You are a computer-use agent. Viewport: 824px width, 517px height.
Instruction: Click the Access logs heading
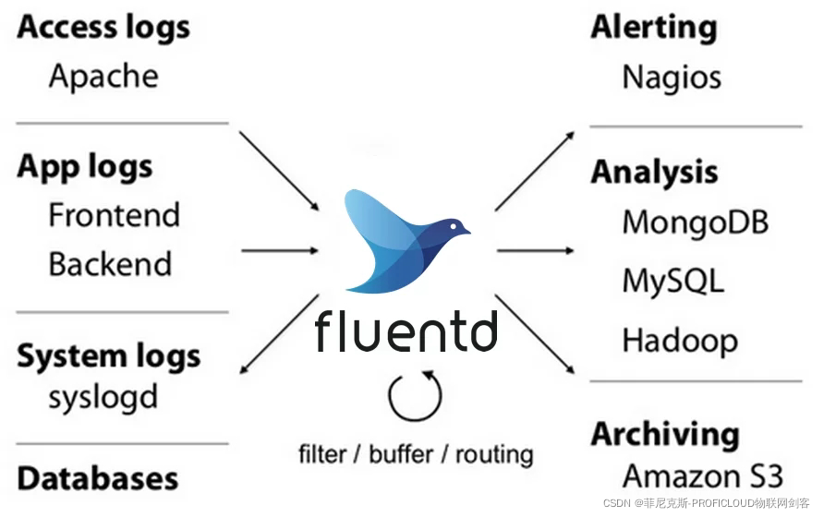[103, 28]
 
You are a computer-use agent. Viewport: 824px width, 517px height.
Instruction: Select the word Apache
[103, 77]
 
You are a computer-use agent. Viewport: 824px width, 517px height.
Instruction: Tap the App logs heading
[85, 168]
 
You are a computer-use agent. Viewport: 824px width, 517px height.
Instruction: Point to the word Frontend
[114, 215]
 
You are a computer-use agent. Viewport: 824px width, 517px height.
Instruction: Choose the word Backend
[110, 264]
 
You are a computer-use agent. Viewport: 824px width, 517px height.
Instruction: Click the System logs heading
[109, 356]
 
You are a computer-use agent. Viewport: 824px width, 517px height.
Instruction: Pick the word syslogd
[103, 398]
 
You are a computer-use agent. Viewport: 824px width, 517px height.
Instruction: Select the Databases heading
[98, 478]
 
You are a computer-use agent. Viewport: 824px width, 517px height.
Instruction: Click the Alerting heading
[654, 28]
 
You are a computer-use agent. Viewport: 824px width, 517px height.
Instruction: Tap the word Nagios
[672, 78]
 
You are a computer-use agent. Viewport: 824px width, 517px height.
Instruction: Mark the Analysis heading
[654, 172]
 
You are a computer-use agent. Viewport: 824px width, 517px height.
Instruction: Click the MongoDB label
[696, 222]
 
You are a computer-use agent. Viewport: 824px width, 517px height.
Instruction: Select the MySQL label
[673, 281]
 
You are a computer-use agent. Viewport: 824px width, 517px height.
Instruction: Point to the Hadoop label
[680, 341]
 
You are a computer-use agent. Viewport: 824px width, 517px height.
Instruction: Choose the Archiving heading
[665, 435]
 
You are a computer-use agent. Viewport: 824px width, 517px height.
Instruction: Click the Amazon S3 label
[703, 476]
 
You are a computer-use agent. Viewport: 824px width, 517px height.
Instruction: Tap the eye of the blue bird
[454, 226]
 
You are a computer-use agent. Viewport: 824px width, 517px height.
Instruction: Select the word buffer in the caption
[401, 454]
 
